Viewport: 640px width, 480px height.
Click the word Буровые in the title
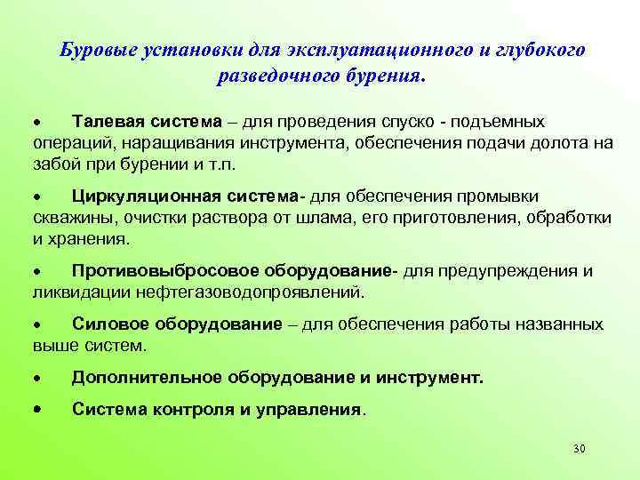tap(94, 51)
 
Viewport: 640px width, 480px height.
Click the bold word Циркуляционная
tap(146, 196)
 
